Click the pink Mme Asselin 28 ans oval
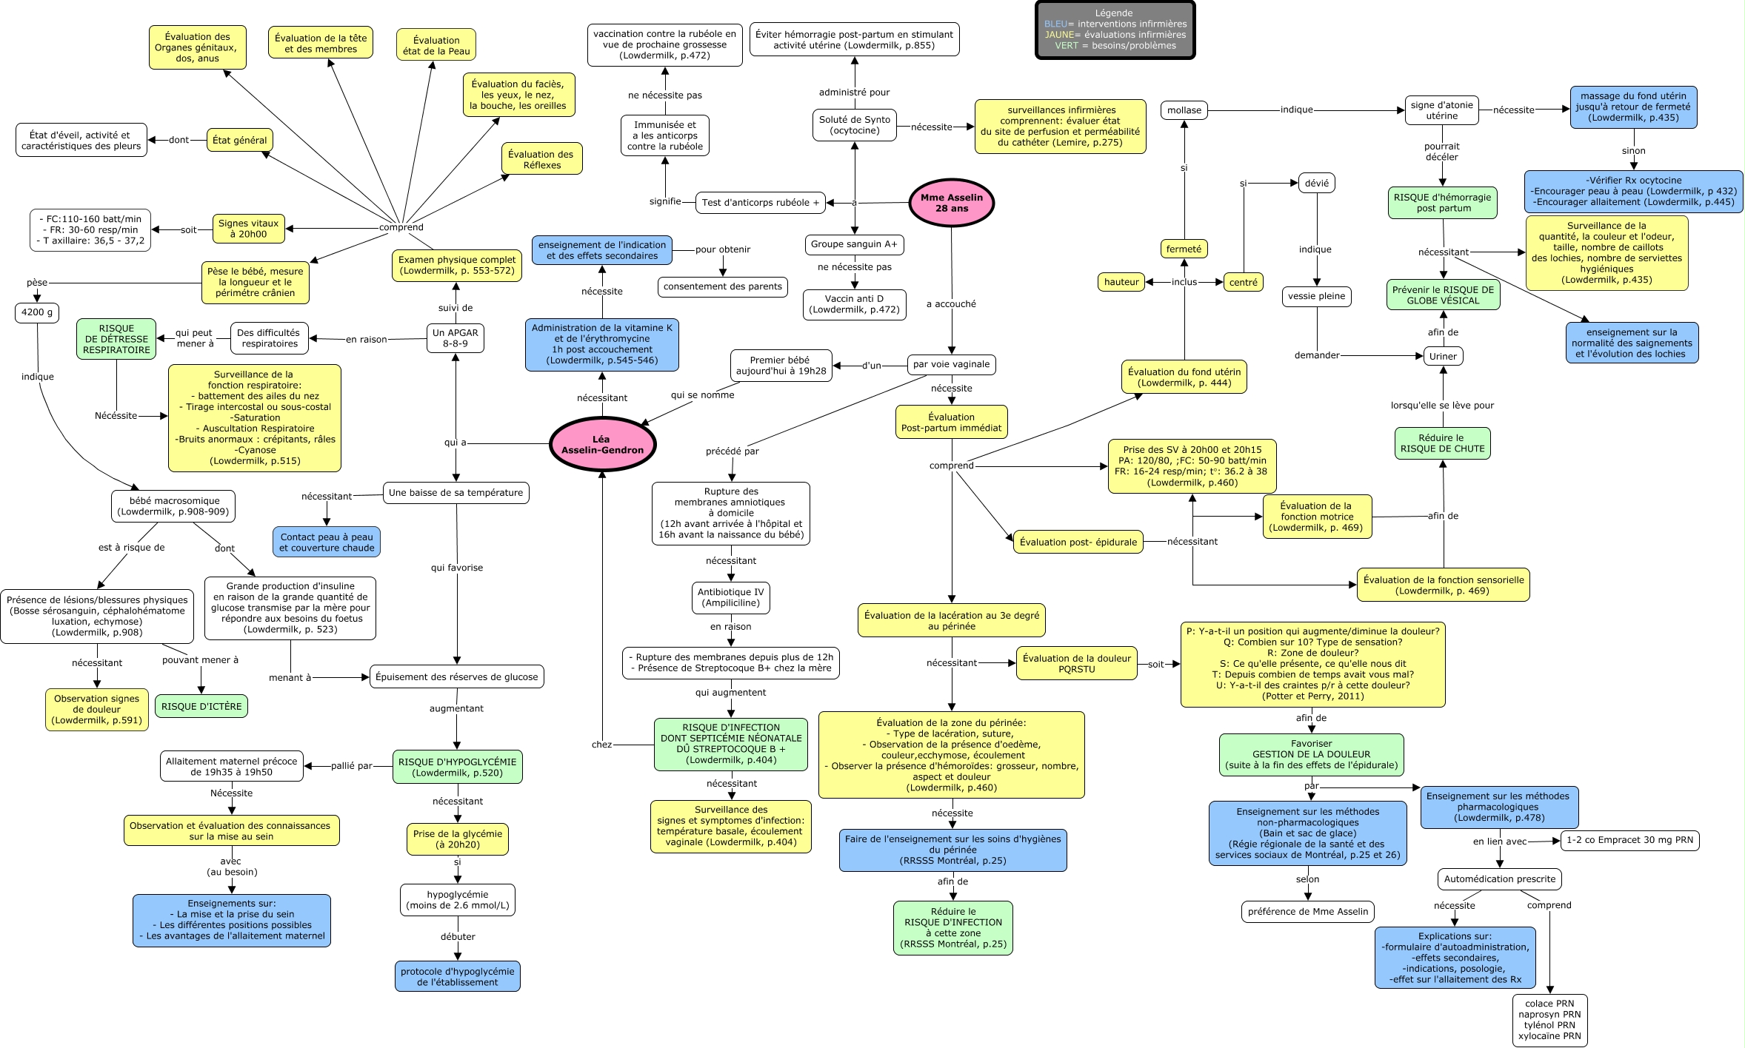click(x=951, y=203)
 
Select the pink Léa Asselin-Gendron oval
click(x=602, y=444)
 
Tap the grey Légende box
click(x=1115, y=30)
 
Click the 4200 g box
click(x=37, y=312)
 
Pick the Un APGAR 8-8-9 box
click(x=456, y=338)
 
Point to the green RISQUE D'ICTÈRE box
click(x=201, y=706)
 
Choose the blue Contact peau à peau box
click(x=327, y=543)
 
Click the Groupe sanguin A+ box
click(x=854, y=244)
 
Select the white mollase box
click(x=1184, y=110)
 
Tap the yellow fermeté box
click(x=1184, y=249)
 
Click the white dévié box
click(x=1317, y=183)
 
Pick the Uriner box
click(x=1443, y=356)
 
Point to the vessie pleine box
click(x=1317, y=296)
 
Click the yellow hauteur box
click(x=1121, y=282)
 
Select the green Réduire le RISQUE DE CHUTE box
click(x=1442, y=443)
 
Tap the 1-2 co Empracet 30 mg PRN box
click(x=1629, y=840)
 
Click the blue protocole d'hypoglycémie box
click(x=458, y=976)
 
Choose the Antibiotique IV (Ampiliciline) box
click(x=731, y=597)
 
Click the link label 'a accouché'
click(x=952, y=303)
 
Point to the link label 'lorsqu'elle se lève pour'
click(x=1442, y=405)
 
